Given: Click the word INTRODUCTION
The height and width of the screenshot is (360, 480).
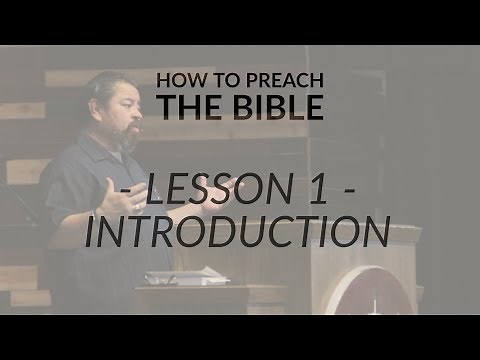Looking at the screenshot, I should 237,231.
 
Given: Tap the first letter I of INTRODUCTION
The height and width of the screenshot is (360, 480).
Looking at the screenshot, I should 91,231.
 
